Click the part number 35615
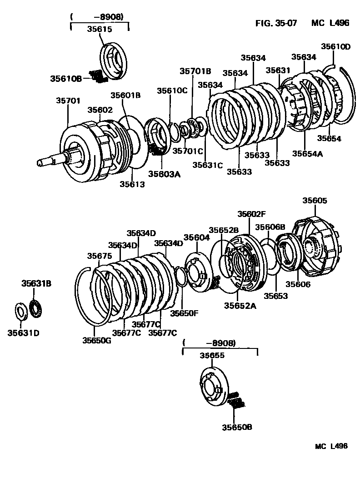coord(99,28)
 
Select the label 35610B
coord(65,78)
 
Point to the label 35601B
coord(125,95)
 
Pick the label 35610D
coord(336,46)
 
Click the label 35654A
coord(307,153)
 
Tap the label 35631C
coord(207,165)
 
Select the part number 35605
coord(315,201)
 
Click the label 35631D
coord(23,333)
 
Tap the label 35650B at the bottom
coord(237,427)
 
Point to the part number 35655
coord(212,357)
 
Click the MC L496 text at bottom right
coord(331,446)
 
